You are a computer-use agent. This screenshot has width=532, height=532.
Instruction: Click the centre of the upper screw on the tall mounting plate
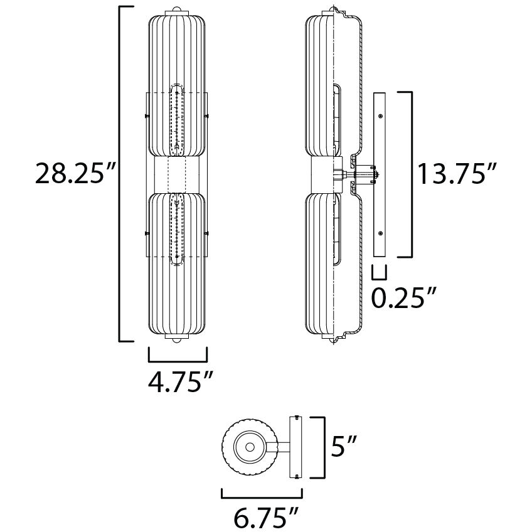(x=380, y=116)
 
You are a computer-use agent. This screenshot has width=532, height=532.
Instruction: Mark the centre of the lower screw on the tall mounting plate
(x=380, y=233)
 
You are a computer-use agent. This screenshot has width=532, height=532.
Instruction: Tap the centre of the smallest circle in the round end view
(x=250, y=447)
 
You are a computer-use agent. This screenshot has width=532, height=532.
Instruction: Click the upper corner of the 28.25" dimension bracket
(x=119, y=7)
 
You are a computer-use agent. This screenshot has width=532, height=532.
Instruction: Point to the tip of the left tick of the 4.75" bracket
(x=149, y=347)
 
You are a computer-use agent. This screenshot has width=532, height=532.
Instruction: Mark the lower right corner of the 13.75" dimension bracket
(x=412, y=257)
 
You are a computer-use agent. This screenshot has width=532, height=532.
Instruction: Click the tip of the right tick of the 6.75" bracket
(x=302, y=489)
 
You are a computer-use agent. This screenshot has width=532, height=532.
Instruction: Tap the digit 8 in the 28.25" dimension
(x=60, y=174)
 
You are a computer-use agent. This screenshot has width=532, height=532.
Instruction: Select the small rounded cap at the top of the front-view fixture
(x=176, y=8)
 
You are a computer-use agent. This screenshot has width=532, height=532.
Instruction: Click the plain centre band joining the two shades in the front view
(x=177, y=175)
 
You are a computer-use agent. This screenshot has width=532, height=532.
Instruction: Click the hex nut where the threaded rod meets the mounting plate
(x=376, y=175)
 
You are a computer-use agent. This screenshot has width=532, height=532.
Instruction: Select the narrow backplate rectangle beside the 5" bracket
(x=295, y=447)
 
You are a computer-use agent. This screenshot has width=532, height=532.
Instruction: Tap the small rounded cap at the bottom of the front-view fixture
(x=176, y=341)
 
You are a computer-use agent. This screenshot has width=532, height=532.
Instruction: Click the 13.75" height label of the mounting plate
(x=457, y=174)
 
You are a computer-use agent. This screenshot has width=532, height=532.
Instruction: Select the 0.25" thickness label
(x=403, y=297)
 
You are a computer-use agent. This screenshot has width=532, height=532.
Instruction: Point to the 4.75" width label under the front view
(x=181, y=383)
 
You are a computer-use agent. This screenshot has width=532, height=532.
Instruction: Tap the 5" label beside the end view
(x=343, y=447)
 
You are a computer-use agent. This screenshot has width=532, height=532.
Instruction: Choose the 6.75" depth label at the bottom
(x=265, y=518)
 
